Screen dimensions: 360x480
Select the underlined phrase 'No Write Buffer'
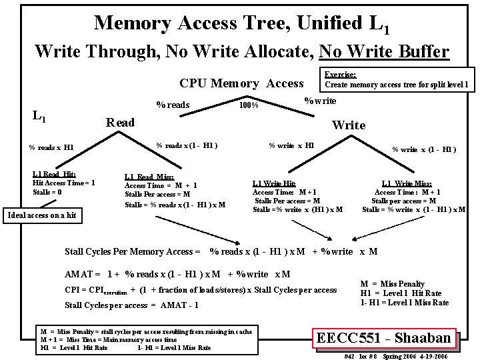point(384,51)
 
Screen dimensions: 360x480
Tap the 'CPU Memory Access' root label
point(241,83)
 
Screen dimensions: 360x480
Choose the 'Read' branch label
point(121,123)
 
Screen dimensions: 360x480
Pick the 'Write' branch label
point(349,125)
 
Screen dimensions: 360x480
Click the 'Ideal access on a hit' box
point(41,215)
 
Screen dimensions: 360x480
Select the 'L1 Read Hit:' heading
point(54,174)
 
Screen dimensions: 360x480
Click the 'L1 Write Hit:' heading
point(274,183)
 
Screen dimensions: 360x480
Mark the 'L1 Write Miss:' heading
point(407,183)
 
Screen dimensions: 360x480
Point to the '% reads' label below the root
point(173,105)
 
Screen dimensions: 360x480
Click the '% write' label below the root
point(320,101)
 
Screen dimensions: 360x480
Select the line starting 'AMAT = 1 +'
point(177,274)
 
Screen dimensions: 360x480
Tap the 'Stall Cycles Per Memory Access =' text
point(133,251)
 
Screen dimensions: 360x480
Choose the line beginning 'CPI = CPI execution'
point(201,290)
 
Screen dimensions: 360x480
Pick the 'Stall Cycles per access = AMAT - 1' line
point(131,305)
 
